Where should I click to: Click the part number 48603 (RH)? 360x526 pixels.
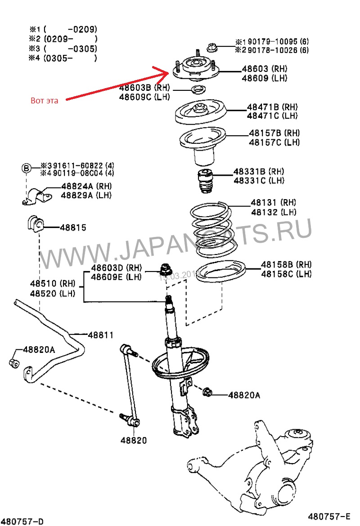pos(264,69)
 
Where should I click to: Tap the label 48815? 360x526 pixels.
pos(73,227)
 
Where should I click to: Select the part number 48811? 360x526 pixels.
pos(100,335)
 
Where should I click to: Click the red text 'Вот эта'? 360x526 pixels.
pos(45,100)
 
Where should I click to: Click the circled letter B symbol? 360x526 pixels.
pos(27,168)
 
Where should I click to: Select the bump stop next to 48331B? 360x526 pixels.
pos(205,181)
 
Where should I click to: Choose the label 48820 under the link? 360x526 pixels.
pos(133,440)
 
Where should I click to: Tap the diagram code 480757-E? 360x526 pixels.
pos(329,516)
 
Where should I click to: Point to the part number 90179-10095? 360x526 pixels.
pos(268,42)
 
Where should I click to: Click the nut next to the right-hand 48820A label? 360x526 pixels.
pos(208,392)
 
